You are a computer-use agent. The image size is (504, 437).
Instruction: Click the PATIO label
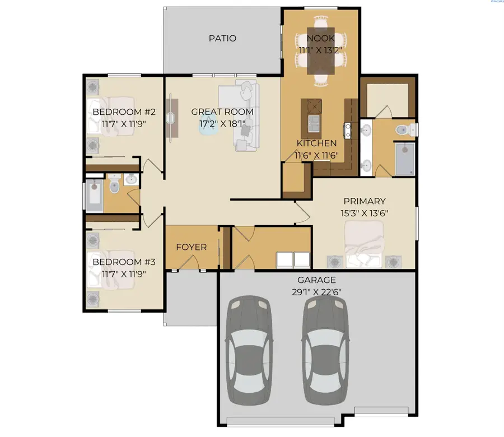[x=222, y=39]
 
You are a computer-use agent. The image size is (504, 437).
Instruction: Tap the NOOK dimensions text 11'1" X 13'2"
[x=321, y=50]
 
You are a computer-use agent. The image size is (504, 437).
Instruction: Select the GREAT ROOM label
[x=222, y=111]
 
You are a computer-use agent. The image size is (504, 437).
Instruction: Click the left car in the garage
[x=248, y=352]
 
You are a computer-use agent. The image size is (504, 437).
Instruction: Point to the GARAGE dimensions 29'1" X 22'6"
[x=317, y=291]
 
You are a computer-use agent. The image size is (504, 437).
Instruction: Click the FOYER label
[x=192, y=247]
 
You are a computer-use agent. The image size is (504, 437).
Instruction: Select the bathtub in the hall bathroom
[x=94, y=195]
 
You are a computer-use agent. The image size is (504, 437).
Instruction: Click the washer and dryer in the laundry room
[x=294, y=260]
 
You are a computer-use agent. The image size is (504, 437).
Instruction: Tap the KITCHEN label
[x=316, y=143]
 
